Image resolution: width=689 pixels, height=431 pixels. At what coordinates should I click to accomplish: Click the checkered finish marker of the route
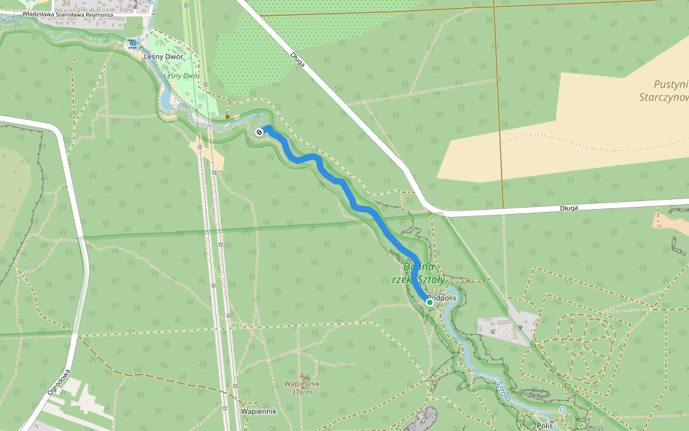coord(259,131)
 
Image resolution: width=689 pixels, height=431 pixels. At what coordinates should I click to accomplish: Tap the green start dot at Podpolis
coord(429,302)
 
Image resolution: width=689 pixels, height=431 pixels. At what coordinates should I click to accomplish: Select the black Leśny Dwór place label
coord(164,57)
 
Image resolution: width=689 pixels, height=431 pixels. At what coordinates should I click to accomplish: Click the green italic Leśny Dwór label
coord(181,75)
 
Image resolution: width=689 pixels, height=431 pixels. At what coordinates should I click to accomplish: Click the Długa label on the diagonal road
coord(299,60)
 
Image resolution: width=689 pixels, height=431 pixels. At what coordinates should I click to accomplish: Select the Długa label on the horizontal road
coord(568,208)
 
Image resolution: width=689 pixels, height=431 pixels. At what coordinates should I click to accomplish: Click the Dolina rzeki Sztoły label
coord(423,273)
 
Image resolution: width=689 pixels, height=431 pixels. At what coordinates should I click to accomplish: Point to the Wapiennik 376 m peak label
coord(301,388)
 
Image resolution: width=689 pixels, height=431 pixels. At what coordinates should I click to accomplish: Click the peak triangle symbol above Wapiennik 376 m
coord(301,376)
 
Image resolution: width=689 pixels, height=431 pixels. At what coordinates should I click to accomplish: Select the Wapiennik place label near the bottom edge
coord(259,412)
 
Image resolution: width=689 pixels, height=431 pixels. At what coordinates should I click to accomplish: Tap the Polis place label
coord(545,425)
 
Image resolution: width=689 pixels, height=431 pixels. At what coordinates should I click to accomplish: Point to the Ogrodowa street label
coord(58,384)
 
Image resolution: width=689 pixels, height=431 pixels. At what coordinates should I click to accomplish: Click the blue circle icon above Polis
coord(563,409)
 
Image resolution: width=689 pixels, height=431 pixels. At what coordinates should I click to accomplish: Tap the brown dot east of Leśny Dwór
coord(228,116)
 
